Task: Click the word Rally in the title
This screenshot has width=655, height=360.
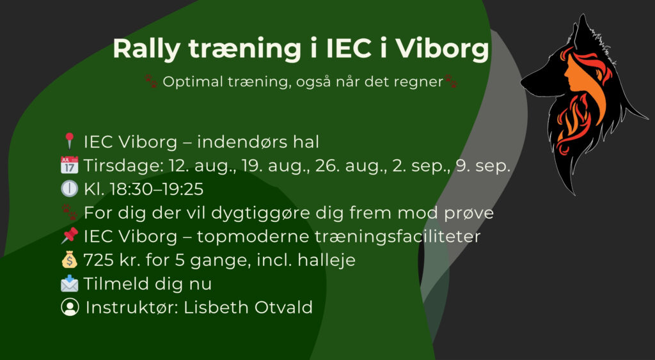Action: (146, 50)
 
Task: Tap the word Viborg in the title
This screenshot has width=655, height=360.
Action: (442, 49)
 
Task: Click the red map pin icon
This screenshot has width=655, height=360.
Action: (69, 141)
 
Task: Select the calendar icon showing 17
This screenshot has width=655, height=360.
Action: (69, 165)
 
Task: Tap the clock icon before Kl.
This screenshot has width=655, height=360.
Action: (69, 189)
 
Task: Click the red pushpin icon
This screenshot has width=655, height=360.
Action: (69, 235)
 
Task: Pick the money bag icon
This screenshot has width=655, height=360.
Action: (69, 260)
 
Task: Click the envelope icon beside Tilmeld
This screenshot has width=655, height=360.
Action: (69, 283)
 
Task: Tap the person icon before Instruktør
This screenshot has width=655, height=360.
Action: (70, 307)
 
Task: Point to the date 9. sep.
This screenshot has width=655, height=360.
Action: (483, 166)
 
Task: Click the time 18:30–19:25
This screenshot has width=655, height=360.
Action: (157, 189)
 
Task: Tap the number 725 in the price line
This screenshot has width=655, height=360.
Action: (99, 260)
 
